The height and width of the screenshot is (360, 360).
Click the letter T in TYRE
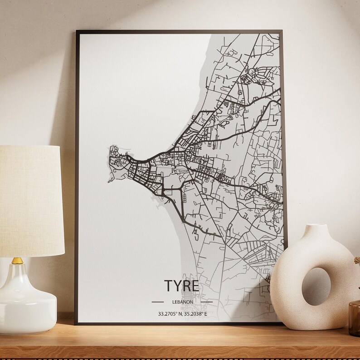coord(168,287)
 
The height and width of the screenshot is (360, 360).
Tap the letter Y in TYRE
coord(177,287)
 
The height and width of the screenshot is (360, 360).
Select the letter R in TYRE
coord(186,287)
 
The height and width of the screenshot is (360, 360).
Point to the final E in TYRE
coord(195,287)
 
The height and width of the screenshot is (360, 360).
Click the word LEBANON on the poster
coord(182,302)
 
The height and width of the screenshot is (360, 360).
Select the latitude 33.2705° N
coord(169,313)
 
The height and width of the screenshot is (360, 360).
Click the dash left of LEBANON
coord(157,302)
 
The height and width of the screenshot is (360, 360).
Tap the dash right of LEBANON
coord(206,302)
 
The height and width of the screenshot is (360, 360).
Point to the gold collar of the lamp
coord(18,261)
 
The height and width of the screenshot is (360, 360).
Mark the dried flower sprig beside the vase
coord(356,263)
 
